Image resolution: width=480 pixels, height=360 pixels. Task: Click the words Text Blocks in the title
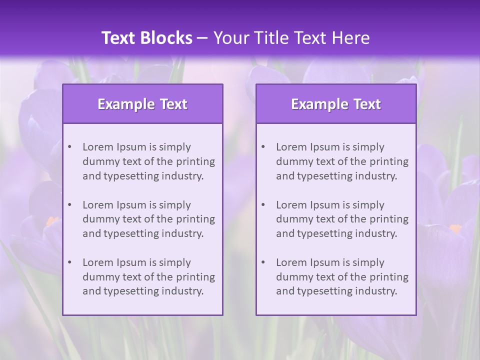(x=146, y=38)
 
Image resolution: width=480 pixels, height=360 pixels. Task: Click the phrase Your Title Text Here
(x=291, y=38)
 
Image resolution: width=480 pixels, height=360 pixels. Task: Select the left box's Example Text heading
(x=142, y=104)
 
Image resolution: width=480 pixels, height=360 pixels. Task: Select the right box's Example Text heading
(x=336, y=104)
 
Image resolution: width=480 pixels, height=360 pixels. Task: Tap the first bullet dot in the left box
(x=69, y=147)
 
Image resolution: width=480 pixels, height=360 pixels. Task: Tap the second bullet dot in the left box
(x=69, y=205)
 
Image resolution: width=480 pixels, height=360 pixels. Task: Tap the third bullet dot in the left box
(x=69, y=262)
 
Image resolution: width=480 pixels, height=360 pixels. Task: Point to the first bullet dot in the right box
(x=263, y=147)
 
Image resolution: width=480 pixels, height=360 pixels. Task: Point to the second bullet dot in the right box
(x=263, y=205)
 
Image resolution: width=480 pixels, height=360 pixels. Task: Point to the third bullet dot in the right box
(x=263, y=262)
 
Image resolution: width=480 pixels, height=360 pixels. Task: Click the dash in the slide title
(x=202, y=38)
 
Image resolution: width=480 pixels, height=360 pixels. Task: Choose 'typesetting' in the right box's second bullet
(x=323, y=233)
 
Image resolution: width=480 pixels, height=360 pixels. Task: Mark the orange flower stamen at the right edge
(x=455, y=228)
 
